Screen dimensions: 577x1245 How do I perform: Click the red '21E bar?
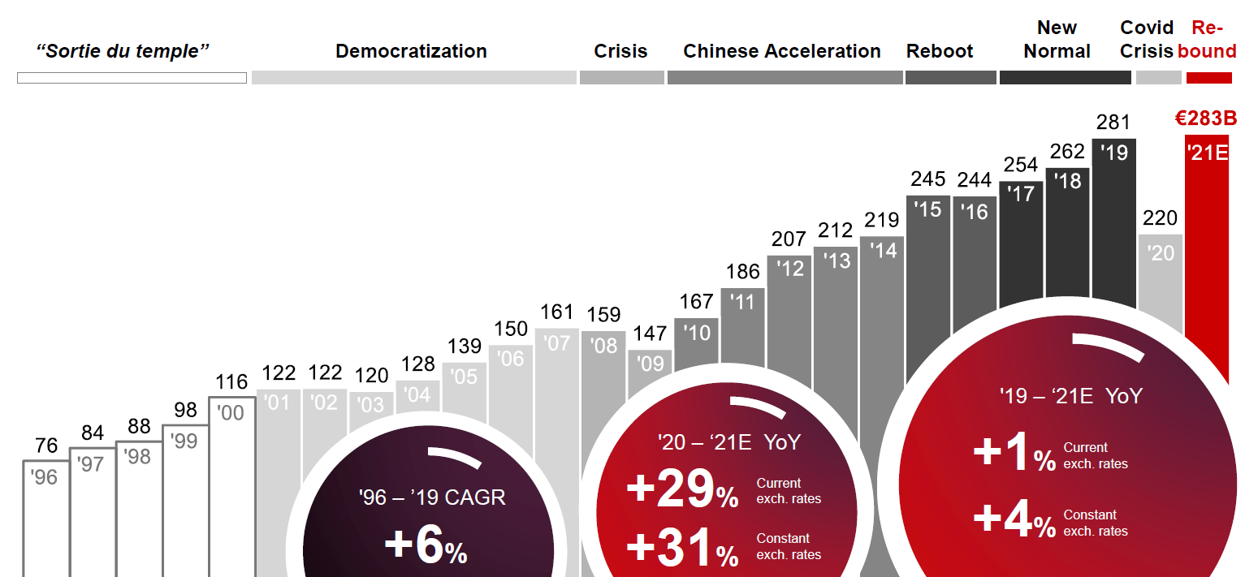click(x=1207, y=243)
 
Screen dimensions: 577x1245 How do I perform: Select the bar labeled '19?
click(x=1113, y=219)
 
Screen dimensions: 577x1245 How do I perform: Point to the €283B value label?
click(x=1206, y=118)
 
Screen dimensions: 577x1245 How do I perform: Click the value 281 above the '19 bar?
click(x=1113, y=123)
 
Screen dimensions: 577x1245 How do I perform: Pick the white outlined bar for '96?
click(x=44, y=519)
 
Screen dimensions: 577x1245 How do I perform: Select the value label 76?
click(x=46, y=446)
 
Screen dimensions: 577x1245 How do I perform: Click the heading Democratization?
click(x=411, y=51)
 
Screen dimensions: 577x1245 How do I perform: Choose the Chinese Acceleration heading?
click(x=782, y=51)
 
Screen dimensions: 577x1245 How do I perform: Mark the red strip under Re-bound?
click(x=1209, y=78)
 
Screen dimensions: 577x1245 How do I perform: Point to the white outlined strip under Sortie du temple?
click(x=132, y=78)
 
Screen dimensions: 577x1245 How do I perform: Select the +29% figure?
click(x=682, y=492)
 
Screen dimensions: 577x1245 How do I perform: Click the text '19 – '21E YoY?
click(x=1071, y=396)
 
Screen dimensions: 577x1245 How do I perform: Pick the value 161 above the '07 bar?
click(x=556, y=312)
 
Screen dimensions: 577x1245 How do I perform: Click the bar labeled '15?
click(x=927, y=284)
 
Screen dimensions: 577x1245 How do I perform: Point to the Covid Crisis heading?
click(x=1147, y=40)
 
